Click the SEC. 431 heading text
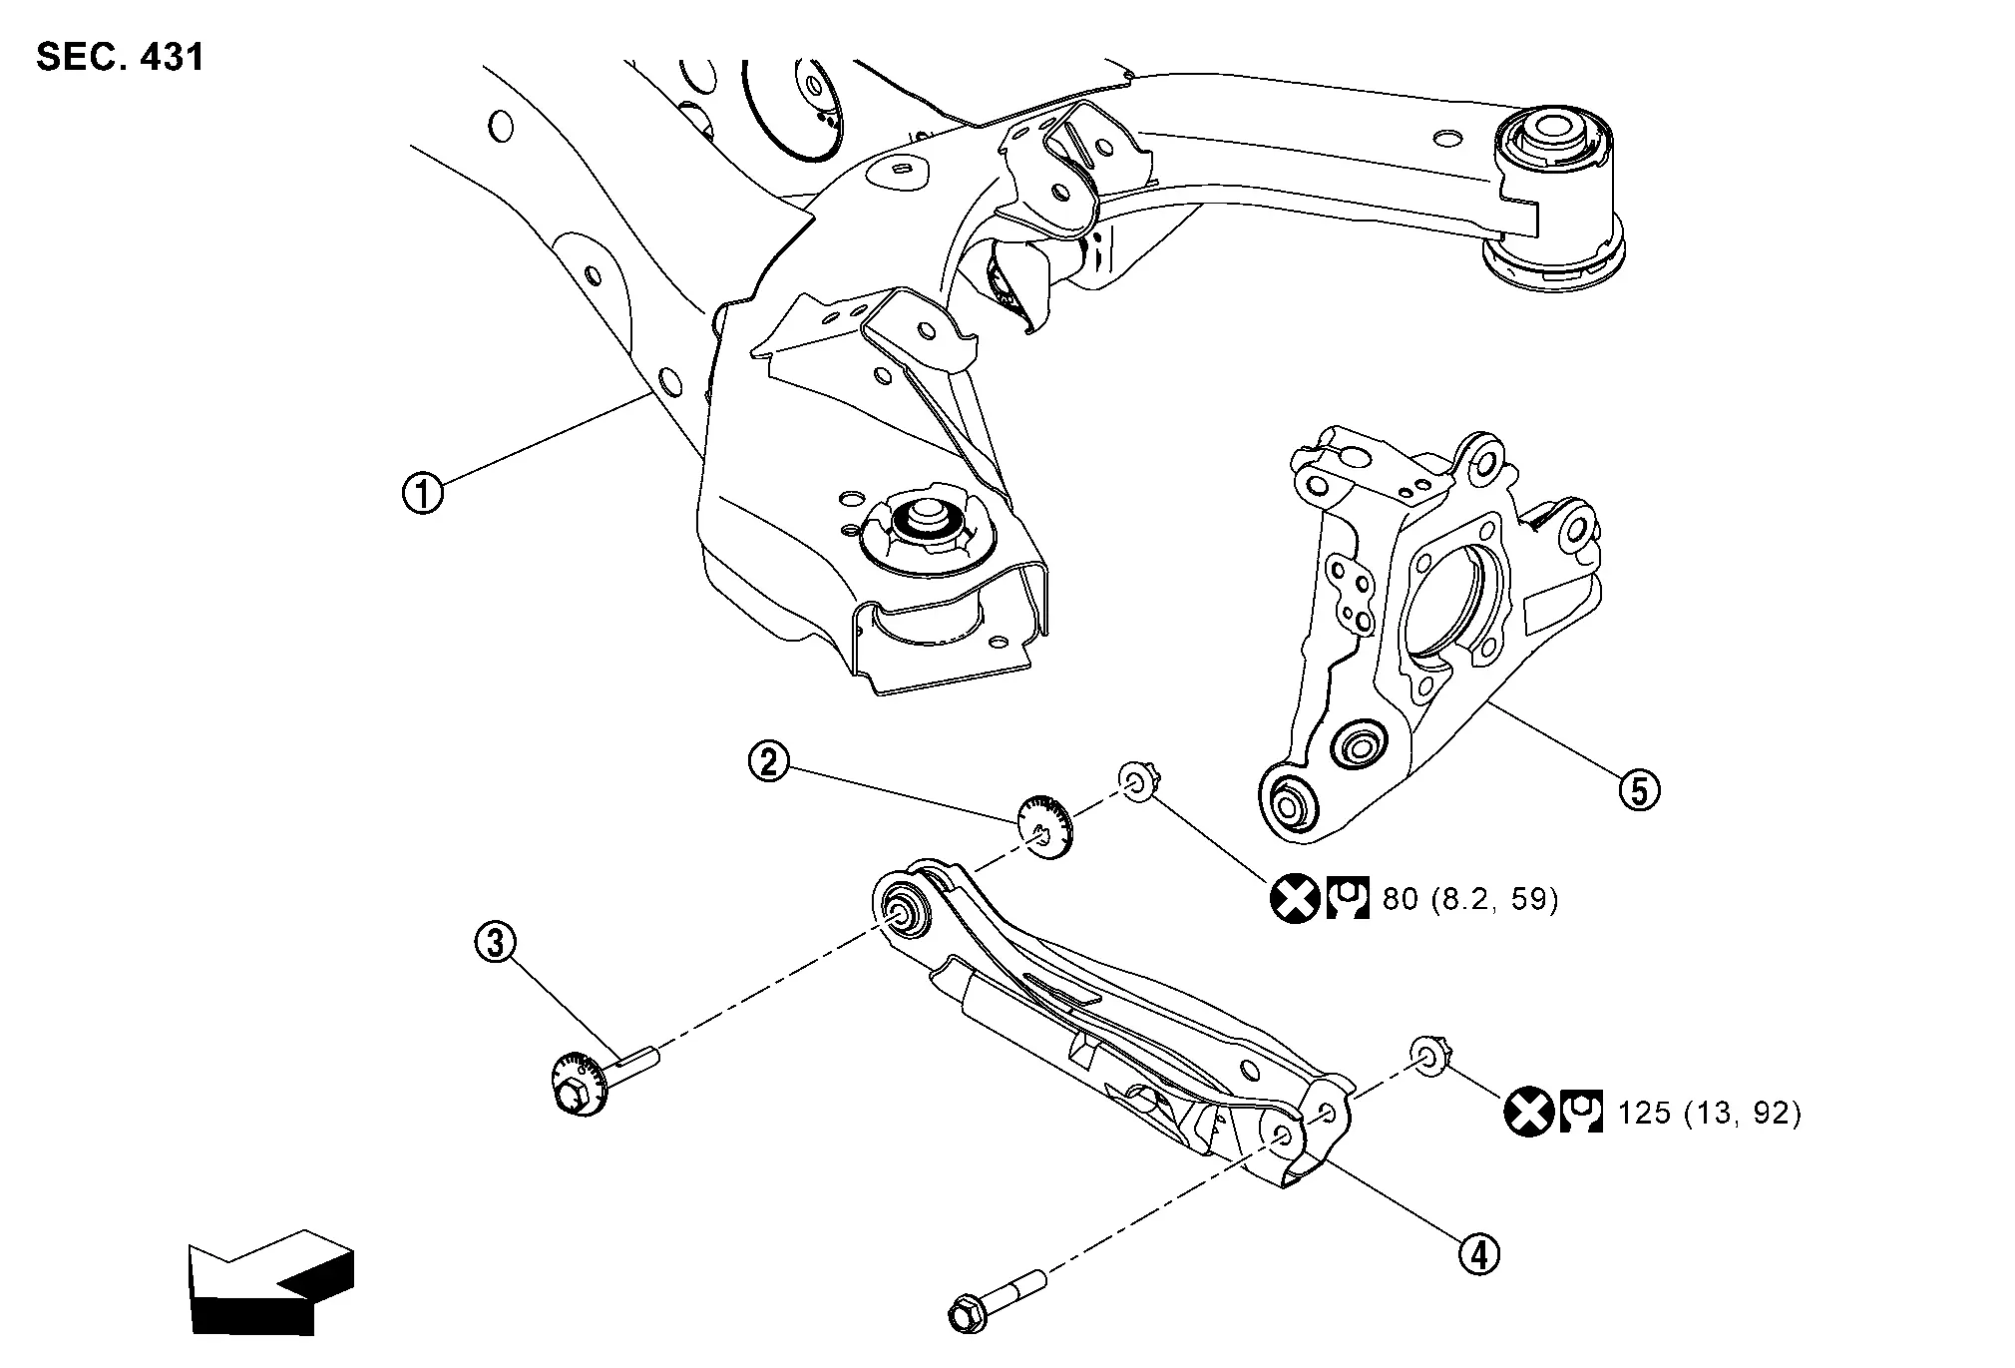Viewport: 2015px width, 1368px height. point(120,57)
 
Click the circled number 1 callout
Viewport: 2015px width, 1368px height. point(423,494)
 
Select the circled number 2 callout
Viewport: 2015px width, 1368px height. point(769,762)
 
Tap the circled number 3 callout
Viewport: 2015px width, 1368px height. point(496,942)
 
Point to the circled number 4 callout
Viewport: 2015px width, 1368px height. point(1479,1253)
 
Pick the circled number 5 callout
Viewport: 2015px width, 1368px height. point(1640,790)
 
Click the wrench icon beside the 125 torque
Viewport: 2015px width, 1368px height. point(1580,1112)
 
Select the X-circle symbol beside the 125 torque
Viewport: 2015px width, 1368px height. point(1528,1112)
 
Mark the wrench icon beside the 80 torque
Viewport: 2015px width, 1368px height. point(1348,898)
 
